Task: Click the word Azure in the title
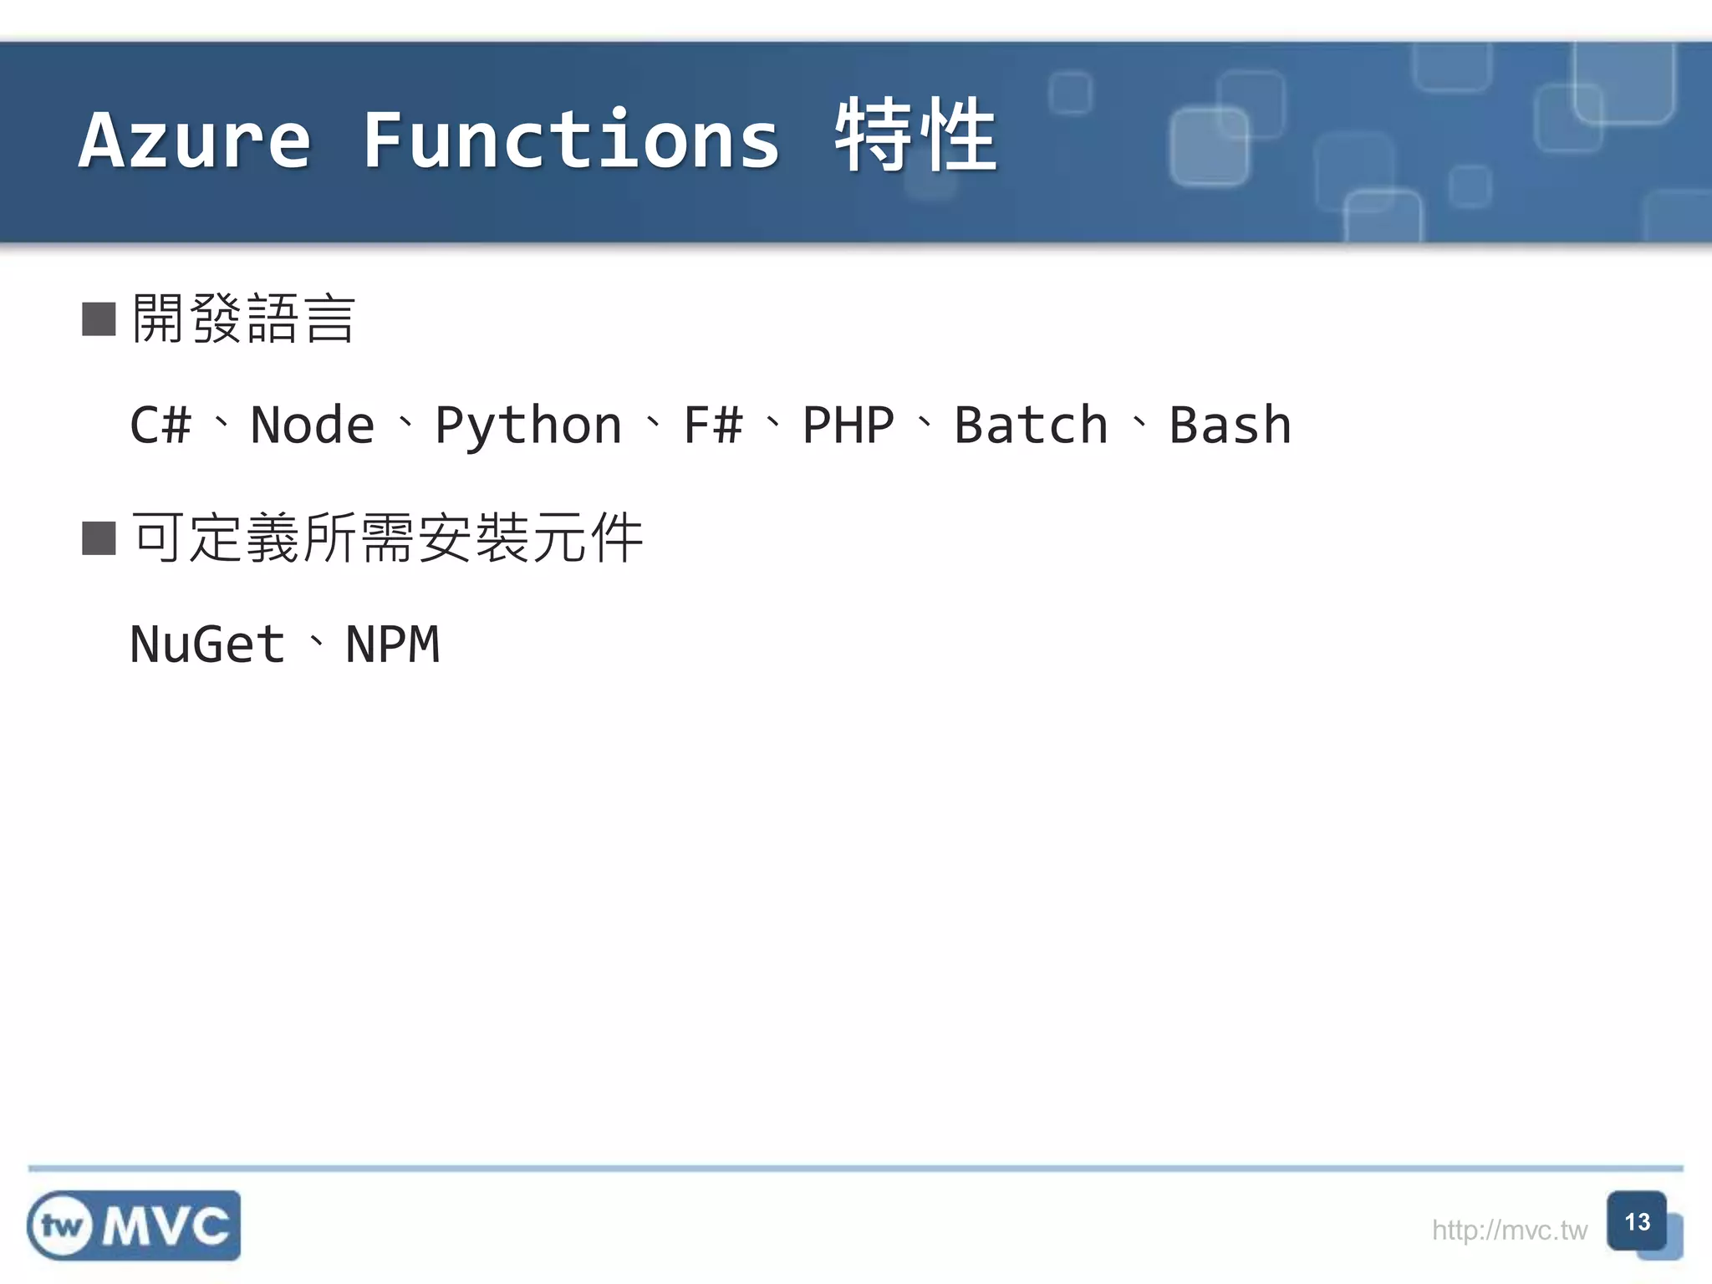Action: [195, 140]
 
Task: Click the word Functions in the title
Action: [571, 140]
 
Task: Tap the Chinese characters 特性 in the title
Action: [915, 135]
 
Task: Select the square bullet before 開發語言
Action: [99, 319]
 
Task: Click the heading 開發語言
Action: [244, 319]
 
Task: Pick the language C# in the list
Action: [160, 425]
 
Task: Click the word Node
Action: [313, 425]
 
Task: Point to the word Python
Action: [528, 426]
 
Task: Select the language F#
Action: [712, 425]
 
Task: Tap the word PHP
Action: [848, 425]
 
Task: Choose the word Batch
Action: [1031, 425]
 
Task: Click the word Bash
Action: [1230, 425]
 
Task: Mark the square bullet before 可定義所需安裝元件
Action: [99, 538]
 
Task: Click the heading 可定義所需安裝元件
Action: [387, 538]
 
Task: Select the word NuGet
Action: [207, 645]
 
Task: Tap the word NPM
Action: [392, 645]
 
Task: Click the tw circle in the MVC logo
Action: [61, 1226]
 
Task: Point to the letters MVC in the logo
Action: [166, 1226]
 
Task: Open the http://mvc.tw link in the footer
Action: [1509, 1230]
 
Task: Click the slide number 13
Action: [1637, 1222]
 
